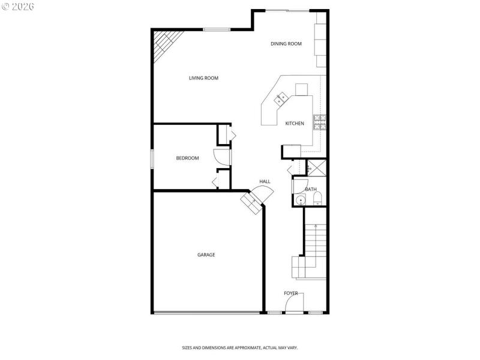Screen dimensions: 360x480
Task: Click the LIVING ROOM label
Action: (203, 78)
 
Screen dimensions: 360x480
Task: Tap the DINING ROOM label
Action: (286, 44)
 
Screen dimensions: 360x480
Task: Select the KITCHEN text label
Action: (294, 124)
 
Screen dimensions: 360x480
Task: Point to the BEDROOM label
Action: (187, 158)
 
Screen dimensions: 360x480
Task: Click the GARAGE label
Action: (206, 255)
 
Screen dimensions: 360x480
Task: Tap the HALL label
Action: (265, 181)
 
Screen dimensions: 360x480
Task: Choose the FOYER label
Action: (291, 293)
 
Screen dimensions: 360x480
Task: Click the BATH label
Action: (311, 190)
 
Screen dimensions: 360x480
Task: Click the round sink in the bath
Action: (301, 200)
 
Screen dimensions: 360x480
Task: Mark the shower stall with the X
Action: (316, 167)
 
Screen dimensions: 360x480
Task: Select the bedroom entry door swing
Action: (223, 157)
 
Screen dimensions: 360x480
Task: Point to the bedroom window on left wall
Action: (152, 158)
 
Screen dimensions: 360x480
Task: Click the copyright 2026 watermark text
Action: (19, 6)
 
